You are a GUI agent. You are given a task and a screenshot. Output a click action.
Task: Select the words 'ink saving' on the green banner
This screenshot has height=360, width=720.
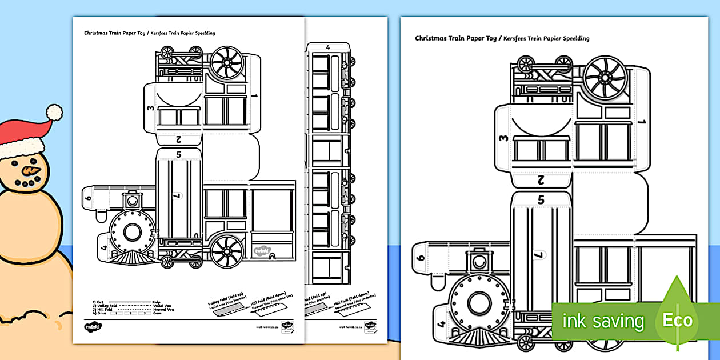coord(603,321)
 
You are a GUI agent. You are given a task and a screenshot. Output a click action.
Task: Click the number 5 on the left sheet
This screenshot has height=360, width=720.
coord(178,154)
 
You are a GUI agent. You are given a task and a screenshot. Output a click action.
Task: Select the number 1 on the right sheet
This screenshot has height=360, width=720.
coord(642,122)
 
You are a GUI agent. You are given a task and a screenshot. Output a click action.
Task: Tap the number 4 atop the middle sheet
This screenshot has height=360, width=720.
coord(327,47)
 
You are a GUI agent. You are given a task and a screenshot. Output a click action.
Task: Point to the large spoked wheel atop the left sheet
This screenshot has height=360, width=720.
coord(227,63)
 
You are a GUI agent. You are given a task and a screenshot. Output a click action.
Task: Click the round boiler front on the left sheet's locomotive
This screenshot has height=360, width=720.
coord(132,233)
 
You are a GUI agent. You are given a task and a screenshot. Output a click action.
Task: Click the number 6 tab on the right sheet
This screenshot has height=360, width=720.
coord(422,258)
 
